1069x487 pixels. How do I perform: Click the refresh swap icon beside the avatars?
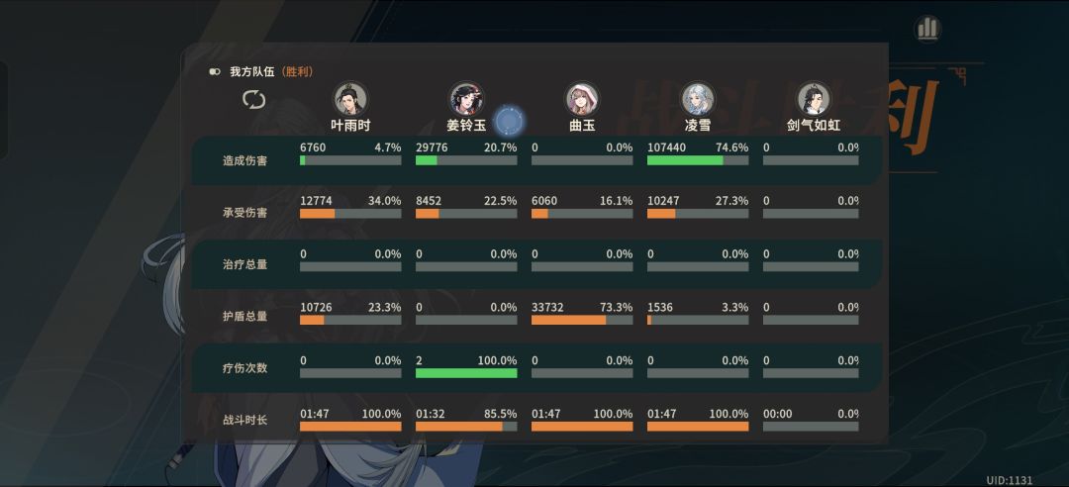pyautogui.click(x=254, y=99)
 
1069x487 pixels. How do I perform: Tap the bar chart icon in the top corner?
pyautogui.click(x=927, y=29)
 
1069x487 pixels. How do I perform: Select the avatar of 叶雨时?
pyautogui.click(x=350, y=99)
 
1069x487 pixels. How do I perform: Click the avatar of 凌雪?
pyautogui.click(x=698, y=99)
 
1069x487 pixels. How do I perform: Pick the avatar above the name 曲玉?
pyautogui.click(x=582, y=99)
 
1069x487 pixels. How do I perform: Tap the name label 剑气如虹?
pyautogui.click(x=813, y=126)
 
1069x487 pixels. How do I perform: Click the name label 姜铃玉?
pyautogui.click(x=466, y=126)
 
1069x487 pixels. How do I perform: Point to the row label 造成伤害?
pyautogui.click(x=245, y=160)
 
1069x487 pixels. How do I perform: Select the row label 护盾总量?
pyautogui.click(x=245, y=317)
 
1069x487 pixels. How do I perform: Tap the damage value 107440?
pyautogui.click(x=667, y=147)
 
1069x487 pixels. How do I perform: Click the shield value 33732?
pyautogui.click(x=547, y=308)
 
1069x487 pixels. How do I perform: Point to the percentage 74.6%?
pyautogui.click(x=731, y=147)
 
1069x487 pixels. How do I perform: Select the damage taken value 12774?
pyautogui.click(x=316, y=200)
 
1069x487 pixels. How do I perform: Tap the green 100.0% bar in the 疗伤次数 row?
pyautogui.click(x=466, y=373)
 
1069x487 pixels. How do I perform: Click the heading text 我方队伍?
pyautogui.click(x=252, y=72)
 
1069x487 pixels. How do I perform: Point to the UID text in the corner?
pyautogui.click(x=1009, y=480)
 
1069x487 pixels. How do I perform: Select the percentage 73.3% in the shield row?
pyautogui.click(x=616, y=308)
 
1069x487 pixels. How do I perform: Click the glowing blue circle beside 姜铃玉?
pyautogui.click(x=509, y=122)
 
